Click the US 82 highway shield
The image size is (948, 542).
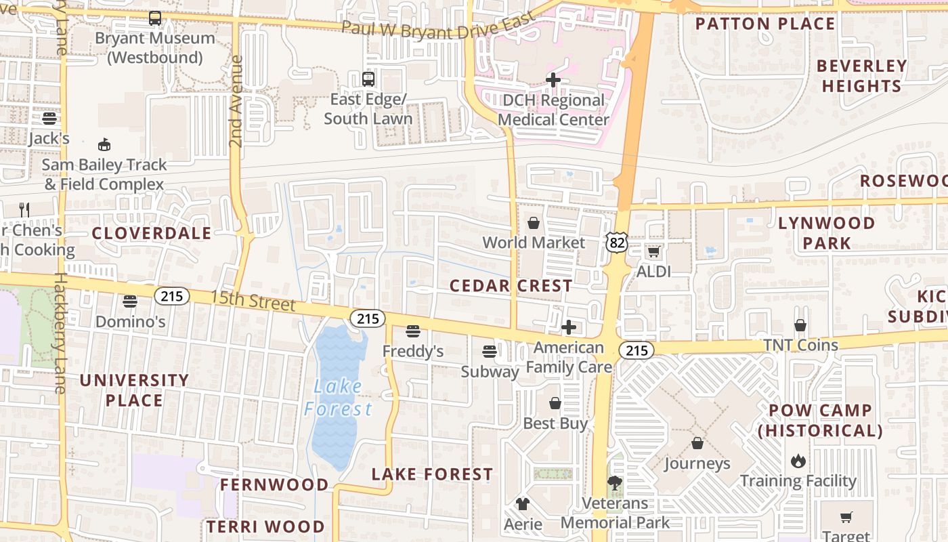click(x=617, y=243)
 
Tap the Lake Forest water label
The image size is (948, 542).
click(x=338, y=398)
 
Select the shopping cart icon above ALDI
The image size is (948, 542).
click(x=653, y=252)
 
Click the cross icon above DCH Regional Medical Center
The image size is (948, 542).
click(x=553, y=81)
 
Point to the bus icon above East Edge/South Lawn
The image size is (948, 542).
click(x=368, y=79)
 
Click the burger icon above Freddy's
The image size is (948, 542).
click(x=412, y=331)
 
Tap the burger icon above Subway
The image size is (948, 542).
click(x=489, y=352)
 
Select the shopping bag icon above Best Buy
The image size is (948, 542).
click(x=555, y=403)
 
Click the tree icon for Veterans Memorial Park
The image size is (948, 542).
click(x=615, y=483)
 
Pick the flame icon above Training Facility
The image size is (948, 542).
click(x=798, y=461)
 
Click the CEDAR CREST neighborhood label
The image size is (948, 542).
click(x=511, y=286)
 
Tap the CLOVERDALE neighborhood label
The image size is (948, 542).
click(x=152, y=234)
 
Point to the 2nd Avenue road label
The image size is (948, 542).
click(x=236, y=102)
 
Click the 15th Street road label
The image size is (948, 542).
click(x=253, y=299)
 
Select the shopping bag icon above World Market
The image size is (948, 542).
click(x=534, y=223)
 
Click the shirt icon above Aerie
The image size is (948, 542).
click(x=523, y=504)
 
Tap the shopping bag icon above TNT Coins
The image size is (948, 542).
click(x=800, y=325)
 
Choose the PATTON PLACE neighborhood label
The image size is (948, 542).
click(x=765, y=24)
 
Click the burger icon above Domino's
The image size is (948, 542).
click(x=130, y=301)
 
